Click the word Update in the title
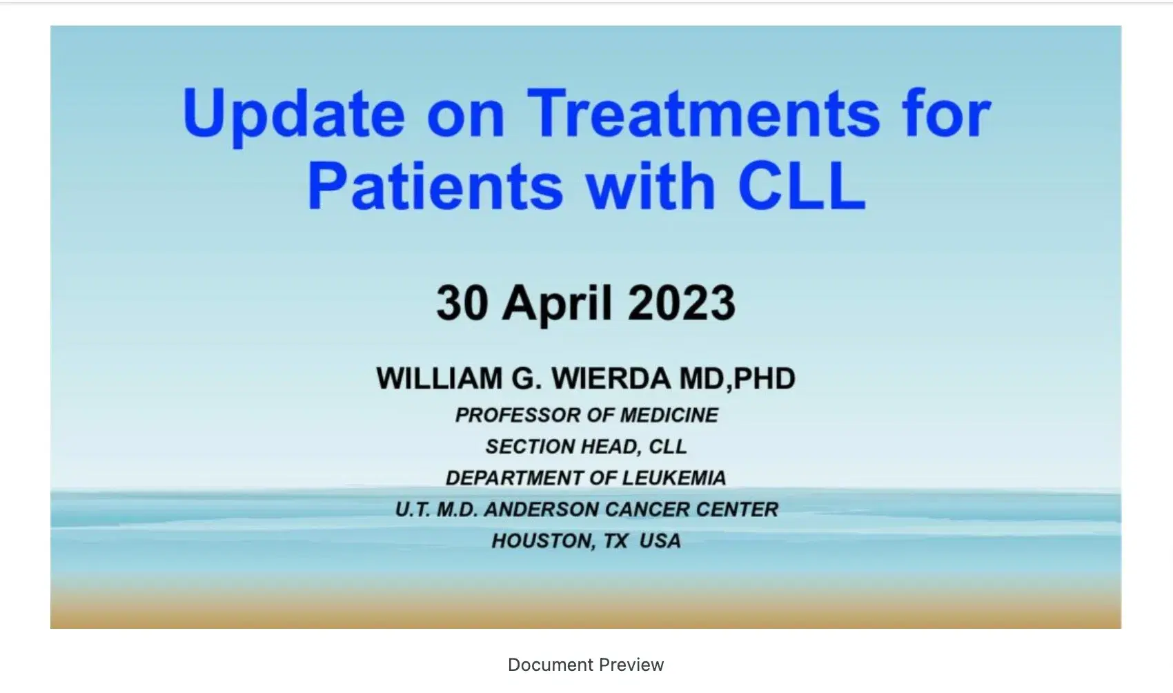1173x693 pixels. [x=293, y=114]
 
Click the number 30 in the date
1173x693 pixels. [x=462, y=303]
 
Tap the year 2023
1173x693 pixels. [x=682, y=303]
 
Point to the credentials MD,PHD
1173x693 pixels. [x=738, y=379]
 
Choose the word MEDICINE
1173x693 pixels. [x=669, y=415]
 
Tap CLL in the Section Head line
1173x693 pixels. [x=668, y=447]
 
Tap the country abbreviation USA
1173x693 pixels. [x=660, y=540]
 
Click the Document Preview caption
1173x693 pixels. [x=586, y=665]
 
